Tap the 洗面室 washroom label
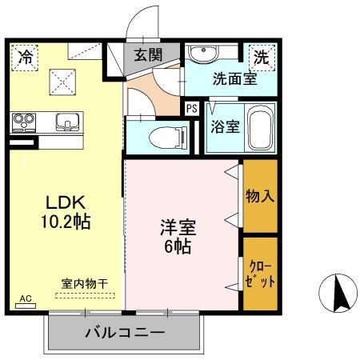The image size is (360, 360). (234, 78)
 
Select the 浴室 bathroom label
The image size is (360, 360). (226, 126)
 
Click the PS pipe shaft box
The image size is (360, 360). (192, 109)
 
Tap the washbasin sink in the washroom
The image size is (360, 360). (203, 53)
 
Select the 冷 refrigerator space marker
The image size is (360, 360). (25, 58)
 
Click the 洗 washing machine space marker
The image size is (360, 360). (262, 58)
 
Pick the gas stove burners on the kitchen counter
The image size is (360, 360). (25, 122)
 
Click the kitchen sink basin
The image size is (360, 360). (67, 122)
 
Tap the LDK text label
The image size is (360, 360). (66, 202)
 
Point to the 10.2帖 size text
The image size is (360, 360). (66, 221)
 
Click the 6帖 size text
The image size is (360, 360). (178, 246)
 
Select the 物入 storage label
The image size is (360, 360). (260, 196)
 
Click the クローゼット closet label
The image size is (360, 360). (260, 274)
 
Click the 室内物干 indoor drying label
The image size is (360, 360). (85, 284)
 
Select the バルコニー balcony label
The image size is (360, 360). (125, 333)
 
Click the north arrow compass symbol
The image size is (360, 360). (338, 293)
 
